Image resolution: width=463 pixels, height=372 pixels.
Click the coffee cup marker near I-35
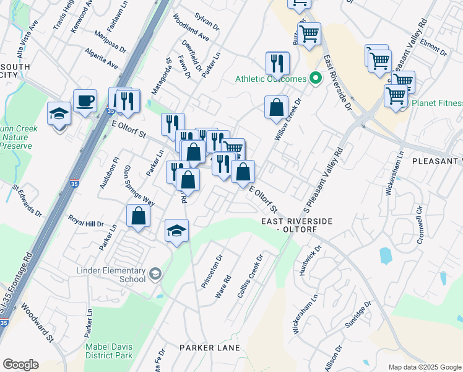[85, 100]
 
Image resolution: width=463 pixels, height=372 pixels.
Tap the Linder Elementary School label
[111, 275]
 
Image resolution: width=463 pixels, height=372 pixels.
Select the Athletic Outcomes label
[270, 79]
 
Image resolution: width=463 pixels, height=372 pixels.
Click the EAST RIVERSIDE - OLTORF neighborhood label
[296, 225]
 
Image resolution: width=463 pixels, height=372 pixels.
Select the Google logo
[20, 365]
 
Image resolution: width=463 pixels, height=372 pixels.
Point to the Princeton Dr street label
[212, 271]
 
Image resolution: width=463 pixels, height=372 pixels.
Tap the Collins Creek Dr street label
[250, 275]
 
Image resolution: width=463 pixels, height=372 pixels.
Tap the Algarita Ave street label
[102, 56]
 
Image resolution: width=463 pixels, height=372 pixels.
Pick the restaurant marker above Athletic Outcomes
[277, 63]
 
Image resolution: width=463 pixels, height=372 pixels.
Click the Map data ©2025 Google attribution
[425, 366]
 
